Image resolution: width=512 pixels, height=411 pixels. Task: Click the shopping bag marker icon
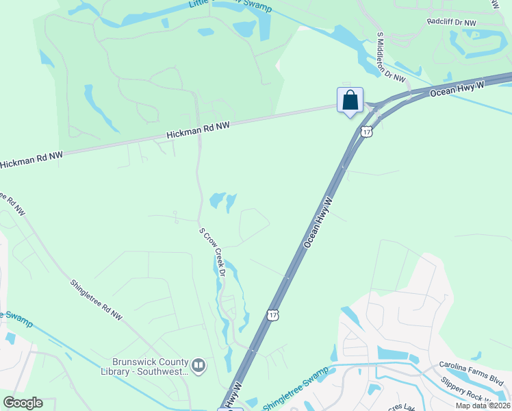click(x=350, y=101)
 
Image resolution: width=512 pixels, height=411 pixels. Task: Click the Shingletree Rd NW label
click(x=95, y=300)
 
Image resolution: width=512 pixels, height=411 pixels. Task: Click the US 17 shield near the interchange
click(x=367, y=132)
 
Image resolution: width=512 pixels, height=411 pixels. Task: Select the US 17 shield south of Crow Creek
click(x=273, y=315)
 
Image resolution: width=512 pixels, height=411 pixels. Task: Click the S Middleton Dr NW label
click(x=392, y=58)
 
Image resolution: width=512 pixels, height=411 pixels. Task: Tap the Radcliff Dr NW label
click(x=451, y=22)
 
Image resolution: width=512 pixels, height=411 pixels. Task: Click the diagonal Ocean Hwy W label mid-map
click(x=318, y=223)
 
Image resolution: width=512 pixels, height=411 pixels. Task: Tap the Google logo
click(x=23, y=403)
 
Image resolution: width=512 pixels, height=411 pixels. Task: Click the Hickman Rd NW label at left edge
click(x=31, y=160)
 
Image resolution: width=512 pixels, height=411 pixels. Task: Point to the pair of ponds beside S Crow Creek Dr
click(x=223, y=201)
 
